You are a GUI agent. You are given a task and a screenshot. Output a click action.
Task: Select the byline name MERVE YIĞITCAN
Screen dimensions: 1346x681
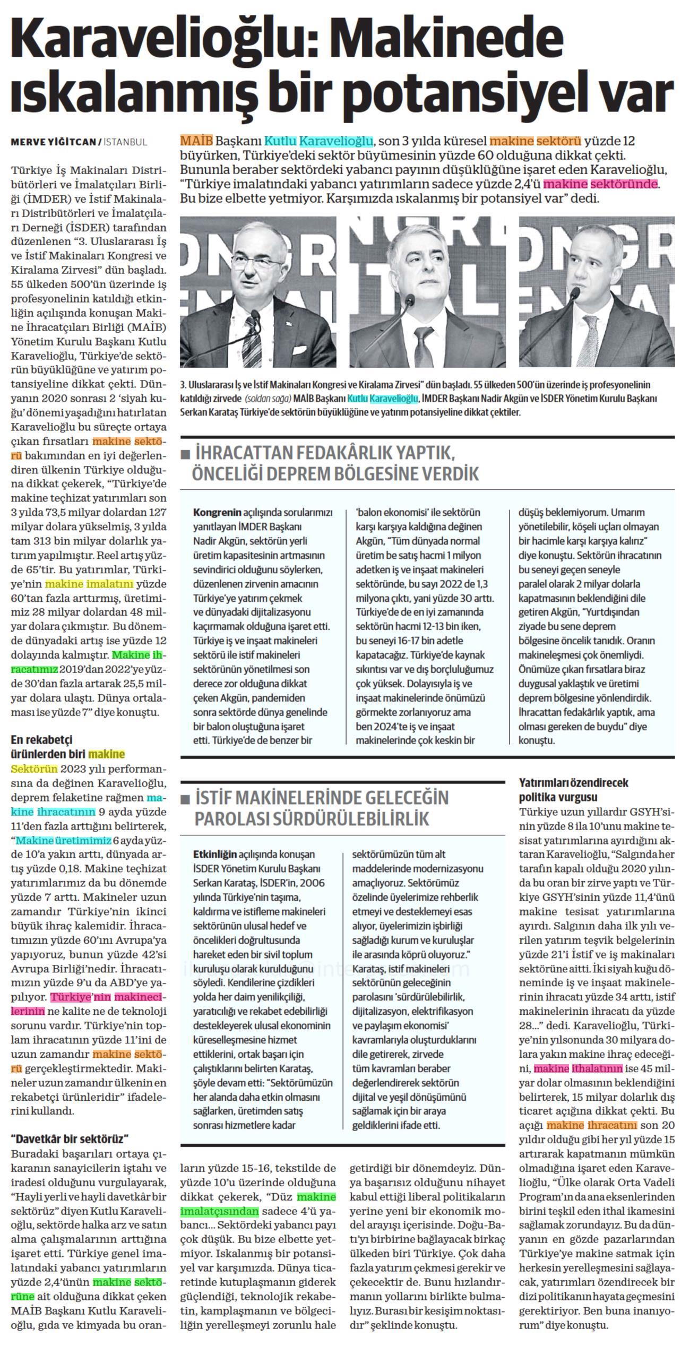53,142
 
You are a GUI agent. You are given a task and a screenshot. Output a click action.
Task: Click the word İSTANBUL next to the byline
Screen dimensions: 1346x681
125,142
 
